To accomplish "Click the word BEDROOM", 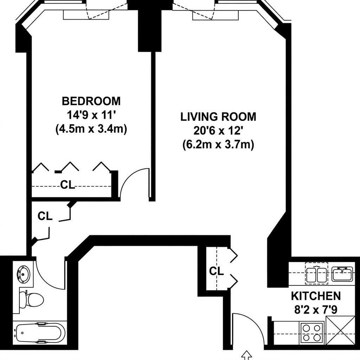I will click(91, 101).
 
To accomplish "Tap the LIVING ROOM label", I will click(218, 117).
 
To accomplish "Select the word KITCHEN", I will click(315, 296).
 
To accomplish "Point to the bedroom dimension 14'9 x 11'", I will click(91, 115).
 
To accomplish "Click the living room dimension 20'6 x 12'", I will click(218, 131).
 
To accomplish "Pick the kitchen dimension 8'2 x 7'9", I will click(315, 310).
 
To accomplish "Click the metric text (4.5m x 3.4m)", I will click(91, 129).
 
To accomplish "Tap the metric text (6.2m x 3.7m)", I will click(218, 144).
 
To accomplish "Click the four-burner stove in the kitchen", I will click(312, 333).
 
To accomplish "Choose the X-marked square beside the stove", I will click(340, 330).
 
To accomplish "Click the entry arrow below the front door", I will click(247, 355).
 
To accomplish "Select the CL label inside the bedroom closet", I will click(67, 185).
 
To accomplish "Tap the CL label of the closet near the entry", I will click(216, 271).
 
